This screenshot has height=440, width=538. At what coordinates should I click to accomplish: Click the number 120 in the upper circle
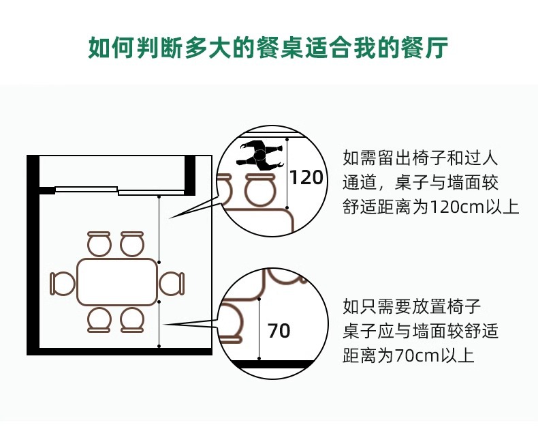pos(306,178)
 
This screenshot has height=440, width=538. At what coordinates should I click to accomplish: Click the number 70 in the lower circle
pos(279,332)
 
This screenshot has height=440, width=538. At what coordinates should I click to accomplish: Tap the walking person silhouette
pos(259,156)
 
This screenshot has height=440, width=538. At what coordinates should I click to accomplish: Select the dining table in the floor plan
pos(117,282)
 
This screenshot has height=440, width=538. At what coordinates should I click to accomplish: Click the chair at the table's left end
pos(62,283)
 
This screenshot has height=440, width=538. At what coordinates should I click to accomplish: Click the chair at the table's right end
pos(172,283)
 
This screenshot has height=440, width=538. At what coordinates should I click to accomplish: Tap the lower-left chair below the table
pos(99,319)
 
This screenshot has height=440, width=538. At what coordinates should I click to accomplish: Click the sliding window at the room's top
pos(119,190)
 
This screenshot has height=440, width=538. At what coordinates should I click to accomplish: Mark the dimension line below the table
pos(159,323)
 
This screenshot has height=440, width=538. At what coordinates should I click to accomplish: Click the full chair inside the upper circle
pos(260,190)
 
